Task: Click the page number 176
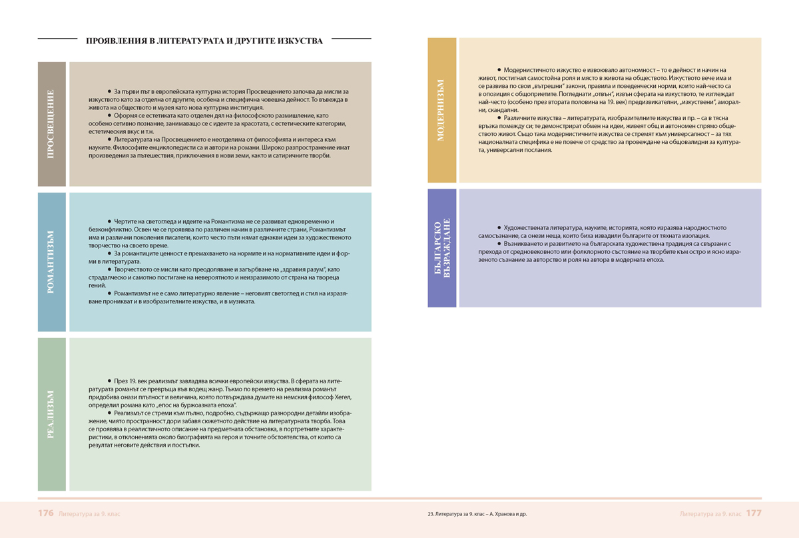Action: (45, 514)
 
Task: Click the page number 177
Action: (754, 514)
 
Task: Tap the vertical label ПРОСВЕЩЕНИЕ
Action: (52, 124)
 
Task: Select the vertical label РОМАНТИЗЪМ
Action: (52, 262)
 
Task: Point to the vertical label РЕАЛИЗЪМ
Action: (52, 414)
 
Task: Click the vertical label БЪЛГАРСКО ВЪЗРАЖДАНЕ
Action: (442, 248)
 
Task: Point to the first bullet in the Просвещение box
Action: (109, 90)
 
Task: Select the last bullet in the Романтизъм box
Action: (109, 293)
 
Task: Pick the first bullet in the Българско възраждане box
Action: (499, 227)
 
